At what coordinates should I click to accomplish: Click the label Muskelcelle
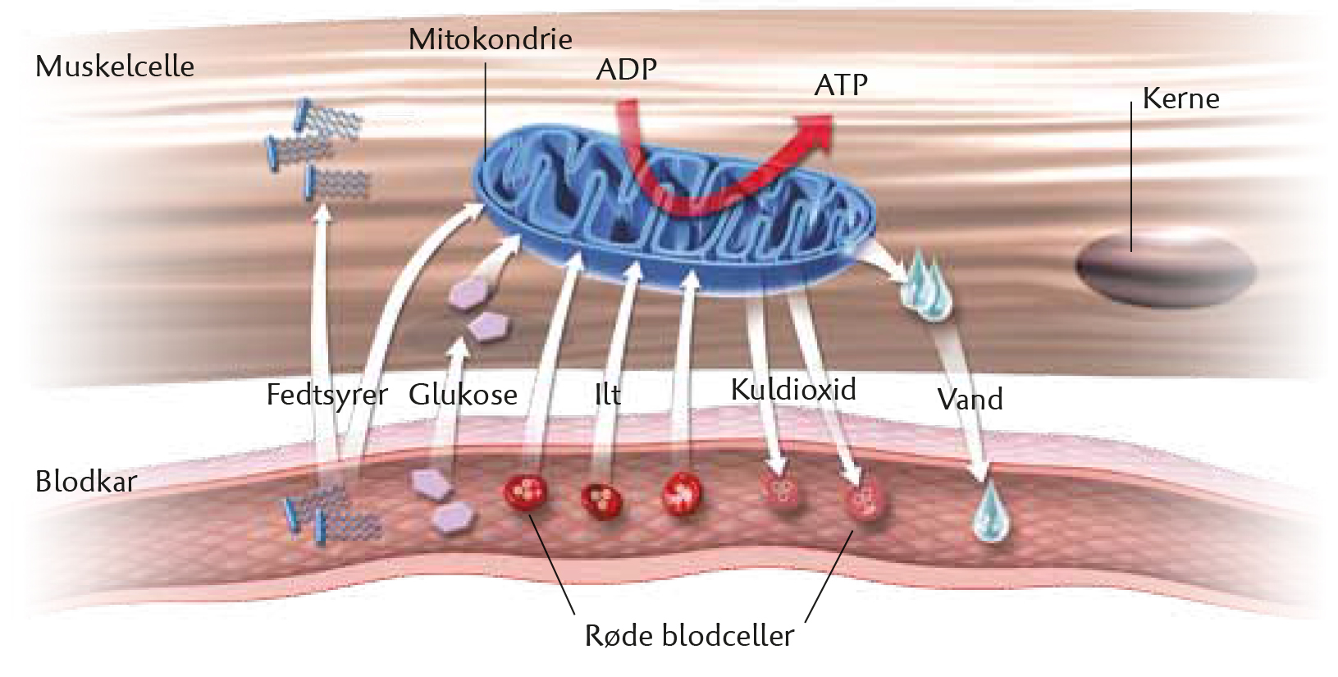[x=115, y=66]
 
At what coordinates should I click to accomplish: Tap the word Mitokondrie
[x=491, y=39]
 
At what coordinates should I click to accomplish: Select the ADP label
[x=626, y=70]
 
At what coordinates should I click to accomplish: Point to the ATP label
[x=840, y=85]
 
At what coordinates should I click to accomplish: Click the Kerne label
[x=1180, y=98]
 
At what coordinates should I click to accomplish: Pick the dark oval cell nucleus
[x=1166, y=271]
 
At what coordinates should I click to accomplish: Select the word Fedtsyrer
[x=327, y=396]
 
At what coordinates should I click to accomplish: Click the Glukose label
[x=463, y=395]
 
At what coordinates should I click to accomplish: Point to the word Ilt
[x=608, y=395]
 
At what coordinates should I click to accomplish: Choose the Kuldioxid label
[x=793, y=390]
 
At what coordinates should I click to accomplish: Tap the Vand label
[x=970, y=400]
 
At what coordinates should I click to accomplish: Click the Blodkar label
[x=86, y=482]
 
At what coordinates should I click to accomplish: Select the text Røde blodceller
[x=689, y=636]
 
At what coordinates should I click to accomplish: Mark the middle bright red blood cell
[x=601, y=501]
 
